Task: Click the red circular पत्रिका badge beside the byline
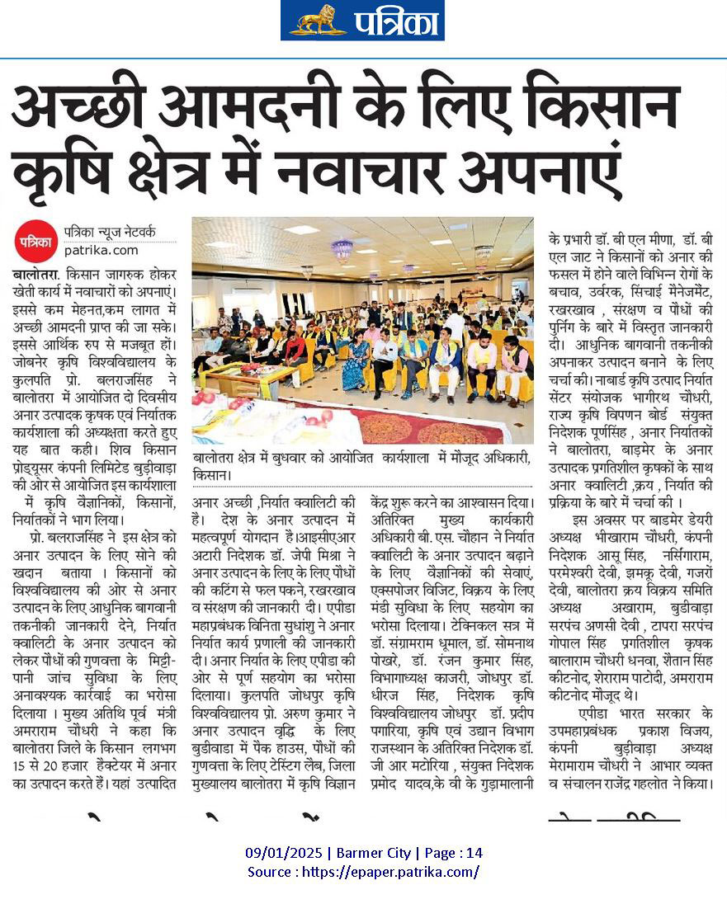[x=35, y=242]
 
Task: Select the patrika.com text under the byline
[x=101, y=250]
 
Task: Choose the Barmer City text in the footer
[x=371, y=853]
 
